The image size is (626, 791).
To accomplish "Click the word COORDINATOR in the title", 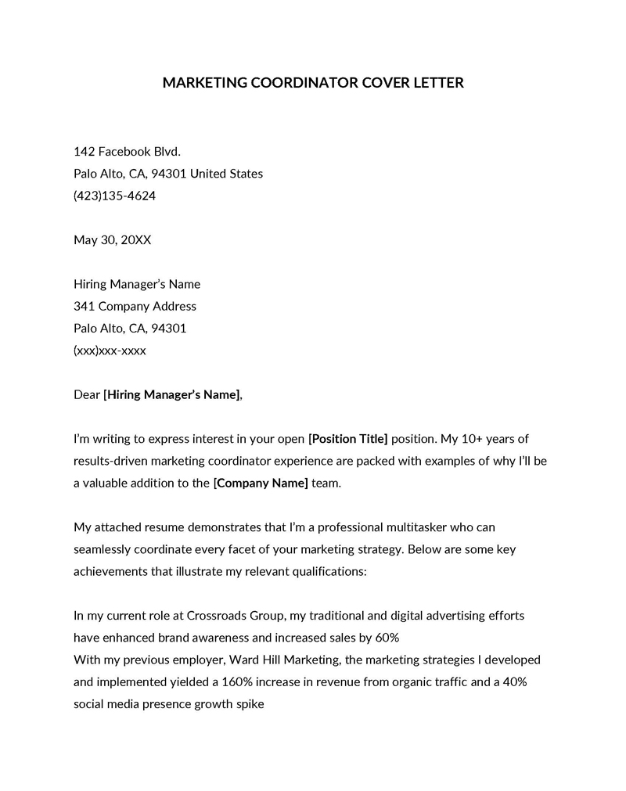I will (x=304, y=83).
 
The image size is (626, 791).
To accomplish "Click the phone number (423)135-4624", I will (x=114, y=196).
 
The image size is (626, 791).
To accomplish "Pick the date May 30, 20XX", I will (x=112, y=240).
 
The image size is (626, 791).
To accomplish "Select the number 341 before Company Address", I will (x=84, y=306).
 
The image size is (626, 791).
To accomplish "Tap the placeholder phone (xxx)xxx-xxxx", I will (x=110, y=351).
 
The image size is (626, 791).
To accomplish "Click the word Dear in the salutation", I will (x=87, y=395).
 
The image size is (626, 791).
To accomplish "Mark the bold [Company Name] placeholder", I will (x=261, y=484).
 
